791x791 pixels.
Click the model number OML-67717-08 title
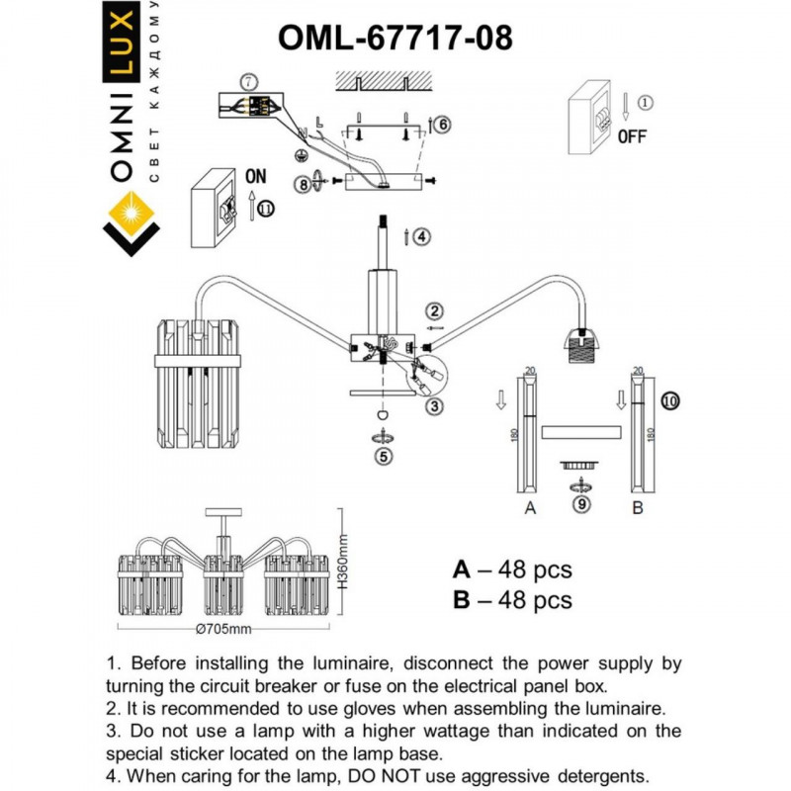click(395, 37)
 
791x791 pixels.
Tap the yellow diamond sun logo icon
click(132, 212)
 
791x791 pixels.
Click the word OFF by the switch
click(633, 137)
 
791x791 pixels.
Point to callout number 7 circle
click(249, 80)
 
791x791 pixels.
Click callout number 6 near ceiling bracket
click(442, 125)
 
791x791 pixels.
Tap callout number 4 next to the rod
click(421, 236)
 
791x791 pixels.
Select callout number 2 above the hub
click(433, 312)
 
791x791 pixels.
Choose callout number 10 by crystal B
click(670, 401)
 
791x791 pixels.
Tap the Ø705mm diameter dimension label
click(223, 630)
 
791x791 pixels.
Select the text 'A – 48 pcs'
click(512, 571)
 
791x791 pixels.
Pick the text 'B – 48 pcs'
click(512, 600)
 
